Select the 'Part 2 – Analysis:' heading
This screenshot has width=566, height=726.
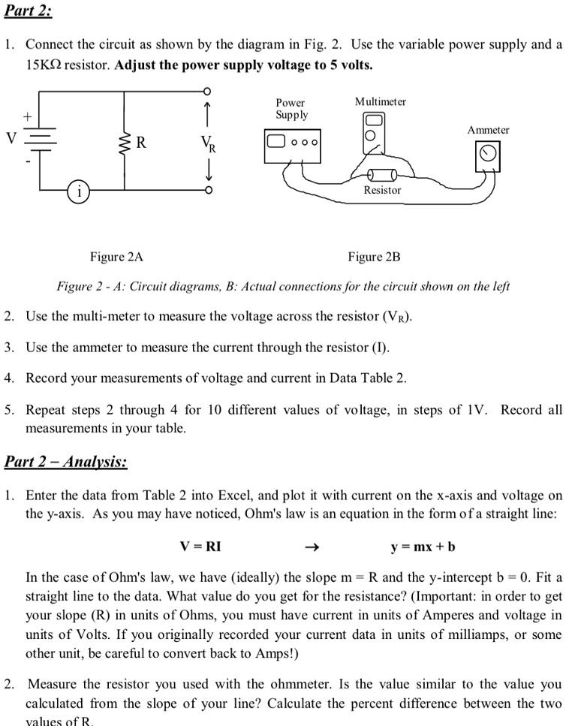coord(66,460)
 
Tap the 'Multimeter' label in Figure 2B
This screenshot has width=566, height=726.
coord(381,101)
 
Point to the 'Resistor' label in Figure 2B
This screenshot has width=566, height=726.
coord(382,191)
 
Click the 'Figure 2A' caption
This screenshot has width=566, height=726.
coord(116,258)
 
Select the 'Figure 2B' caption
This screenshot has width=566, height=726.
coord(374,258)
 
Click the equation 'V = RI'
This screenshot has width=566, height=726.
coord(200,546)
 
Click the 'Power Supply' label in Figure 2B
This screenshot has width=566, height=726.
coord(291,108)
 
